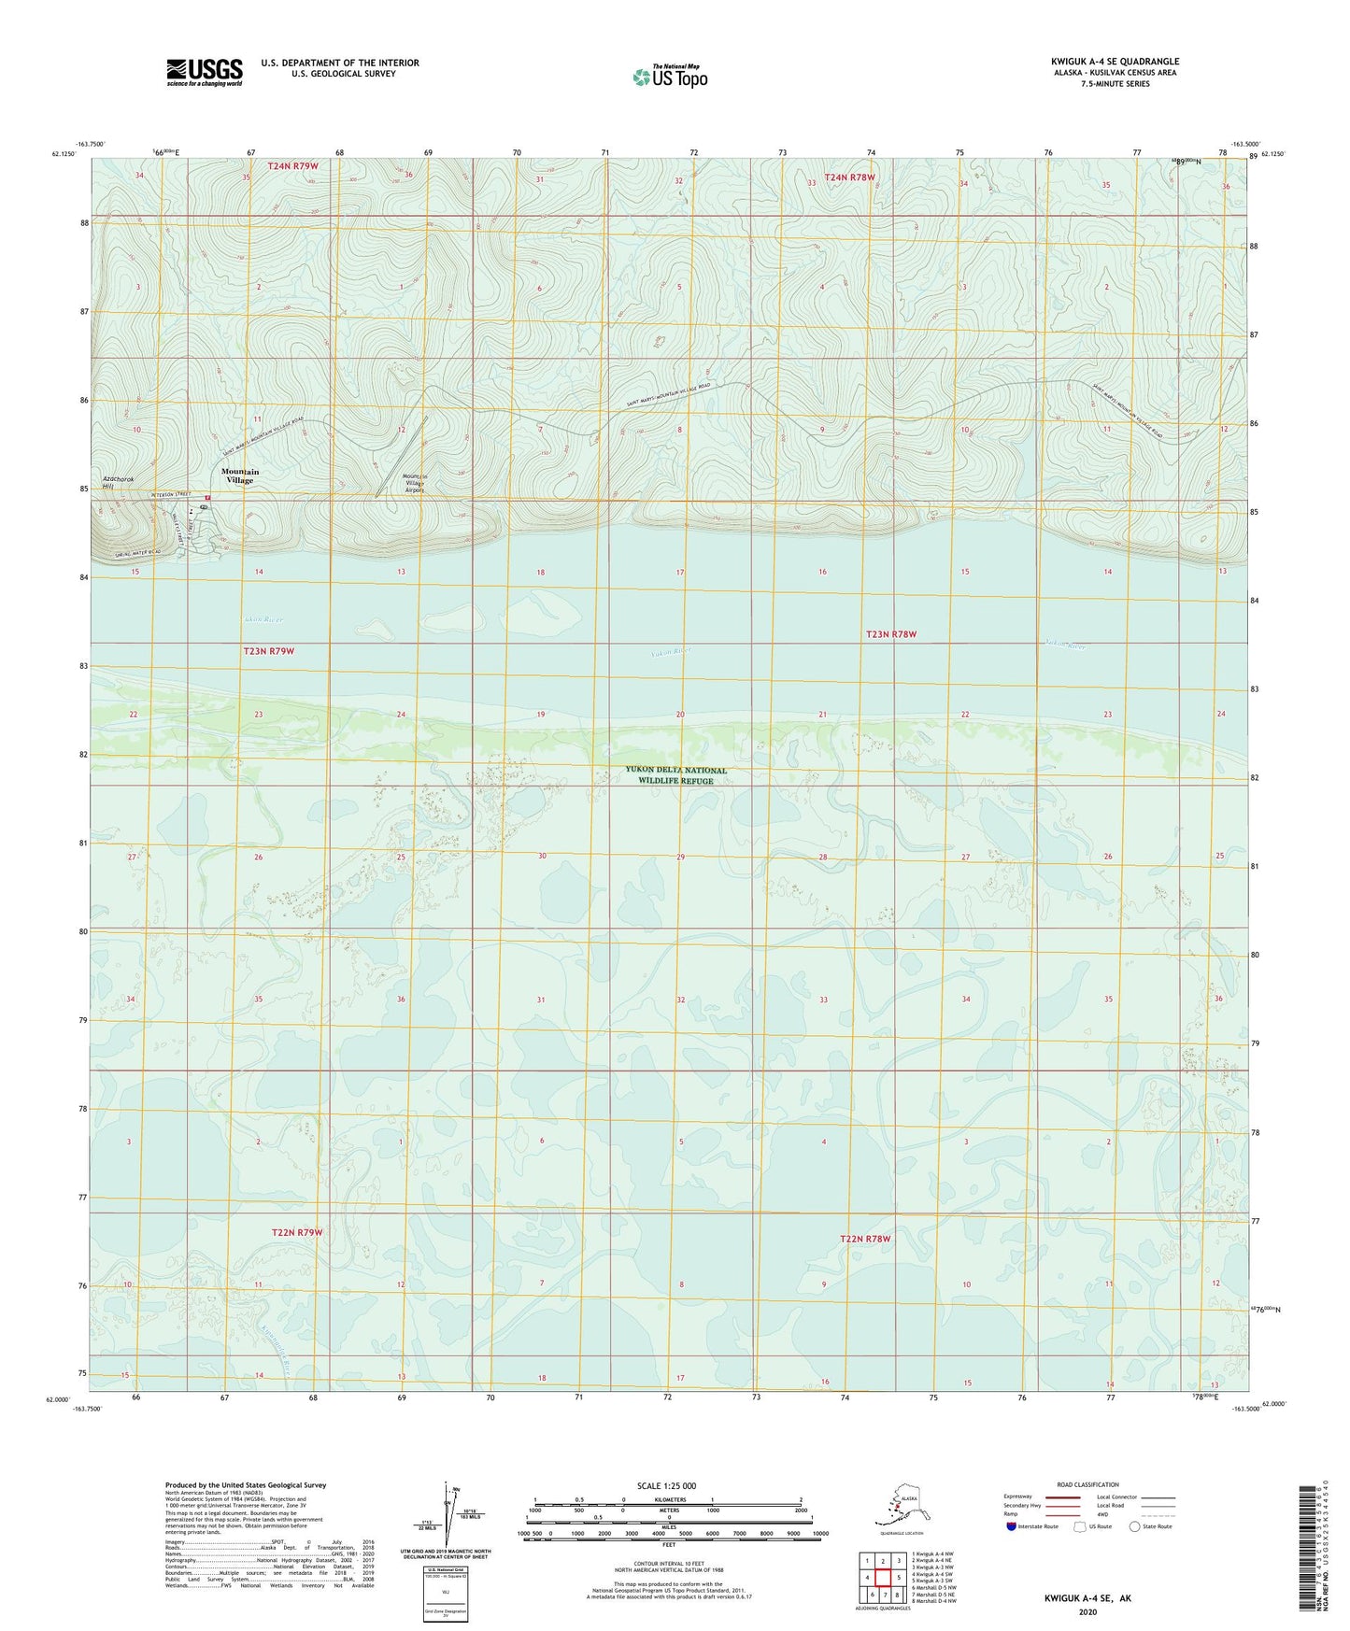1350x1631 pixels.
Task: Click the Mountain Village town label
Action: click(x=239, y=475)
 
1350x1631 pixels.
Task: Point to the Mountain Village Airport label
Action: click(x=413, y=483)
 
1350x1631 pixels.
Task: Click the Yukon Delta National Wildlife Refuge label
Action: click(x=675, y=775)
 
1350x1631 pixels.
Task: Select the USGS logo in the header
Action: click(x=204, y=72)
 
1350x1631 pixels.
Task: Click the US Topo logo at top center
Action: click(x=669, y=76)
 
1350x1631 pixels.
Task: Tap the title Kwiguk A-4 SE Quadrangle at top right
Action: click(x=1114, y=62)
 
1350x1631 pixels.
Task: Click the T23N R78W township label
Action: click(x=890, y=634)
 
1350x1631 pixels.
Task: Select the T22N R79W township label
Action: click(x=296, y=1232)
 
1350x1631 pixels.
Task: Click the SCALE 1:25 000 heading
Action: click(x=666, y=1485)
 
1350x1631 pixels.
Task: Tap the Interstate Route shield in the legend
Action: click(x=1012, y=1526)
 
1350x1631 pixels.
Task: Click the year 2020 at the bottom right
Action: click(x=1087, y=1611)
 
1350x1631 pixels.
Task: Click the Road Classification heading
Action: click(x=1087, y=1484)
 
